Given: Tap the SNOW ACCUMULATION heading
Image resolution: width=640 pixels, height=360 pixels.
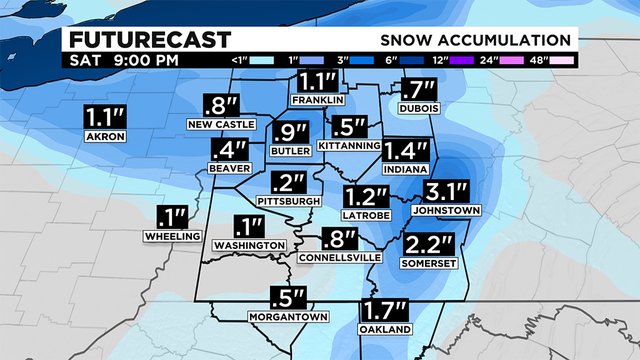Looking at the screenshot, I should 476,40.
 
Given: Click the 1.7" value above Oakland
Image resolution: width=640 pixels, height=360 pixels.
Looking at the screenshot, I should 384,311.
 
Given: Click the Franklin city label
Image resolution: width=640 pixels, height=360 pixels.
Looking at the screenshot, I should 318,101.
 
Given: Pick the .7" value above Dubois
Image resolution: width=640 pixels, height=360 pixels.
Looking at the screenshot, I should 418,90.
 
